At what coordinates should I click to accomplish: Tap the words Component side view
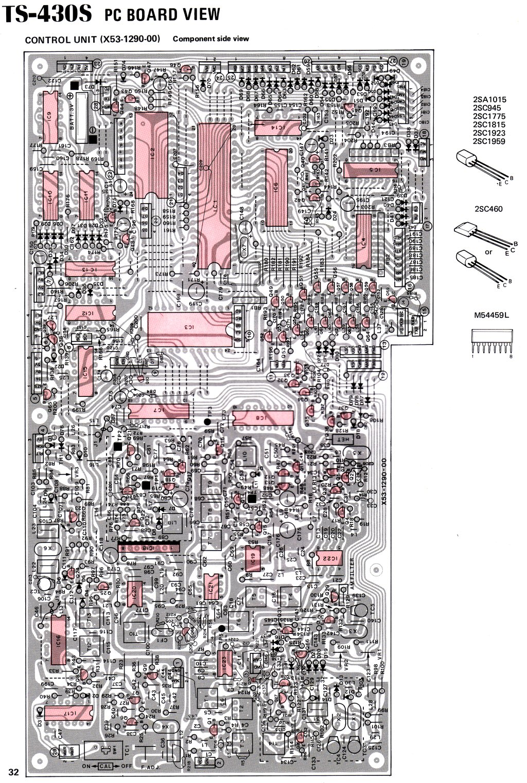coord(211,39)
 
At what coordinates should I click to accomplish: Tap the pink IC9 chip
coord(51,117)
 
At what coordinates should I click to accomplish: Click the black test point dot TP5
coord(221,628)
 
